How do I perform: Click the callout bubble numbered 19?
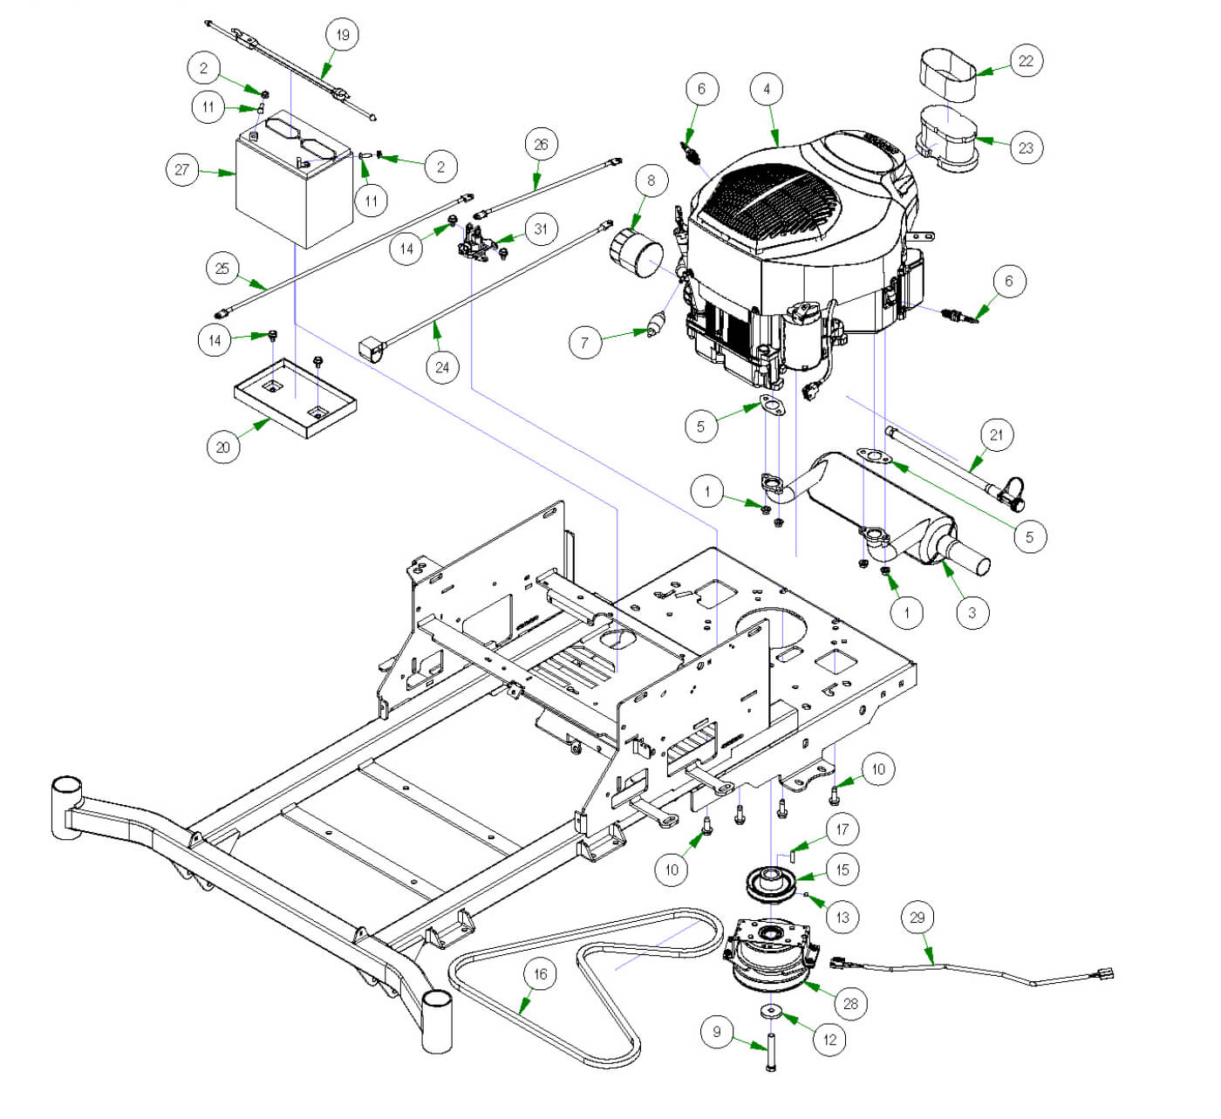(x=342, y=35)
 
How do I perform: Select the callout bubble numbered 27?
(x=181, y=169)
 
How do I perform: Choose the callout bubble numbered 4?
(x=767, y=89)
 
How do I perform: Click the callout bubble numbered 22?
(x=1026, y=61)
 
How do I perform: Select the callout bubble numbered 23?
(x=1026, y=147)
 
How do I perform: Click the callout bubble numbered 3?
(x=972, y=612)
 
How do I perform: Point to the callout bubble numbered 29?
(x=917, y=918)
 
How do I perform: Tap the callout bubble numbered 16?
(x=540, y=973)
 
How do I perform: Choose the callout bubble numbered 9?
(x=717, y=1032)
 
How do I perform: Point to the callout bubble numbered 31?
(x=542, y=229)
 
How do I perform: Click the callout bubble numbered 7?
(x=585, y=343)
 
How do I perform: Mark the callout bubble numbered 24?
(x=442, y=367)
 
